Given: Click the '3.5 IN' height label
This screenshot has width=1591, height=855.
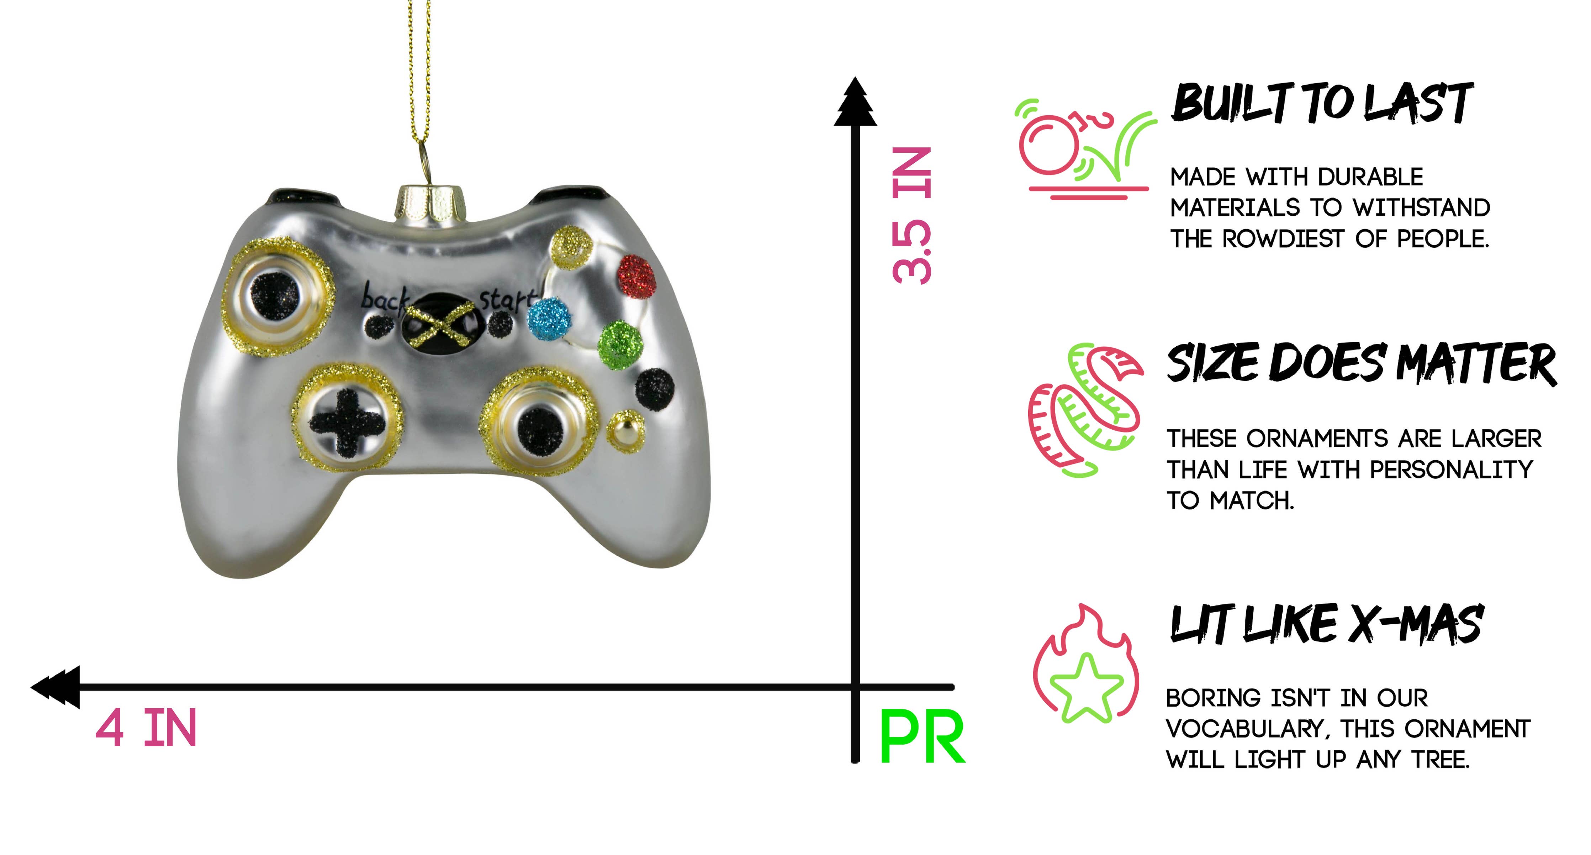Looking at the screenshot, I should pos(911,216).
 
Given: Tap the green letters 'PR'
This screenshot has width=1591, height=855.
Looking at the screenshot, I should pos(921,738).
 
